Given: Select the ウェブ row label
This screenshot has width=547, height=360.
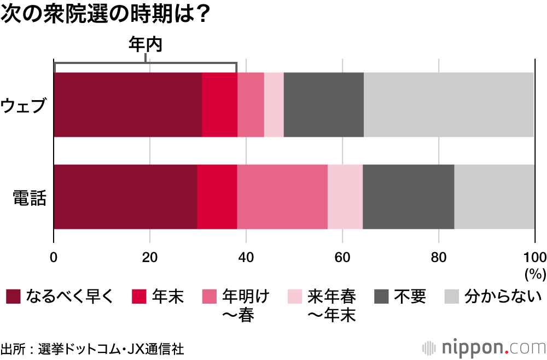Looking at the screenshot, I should [24, 104].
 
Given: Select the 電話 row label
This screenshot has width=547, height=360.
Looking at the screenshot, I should [29, 196].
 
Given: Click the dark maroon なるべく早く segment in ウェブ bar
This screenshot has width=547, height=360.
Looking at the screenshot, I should [127, 104].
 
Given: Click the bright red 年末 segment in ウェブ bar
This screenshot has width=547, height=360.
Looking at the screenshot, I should [219, 104].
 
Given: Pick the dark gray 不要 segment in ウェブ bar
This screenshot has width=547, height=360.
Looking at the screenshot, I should [323, 104].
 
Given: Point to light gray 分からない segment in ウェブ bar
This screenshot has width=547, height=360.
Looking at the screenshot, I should [449, 104].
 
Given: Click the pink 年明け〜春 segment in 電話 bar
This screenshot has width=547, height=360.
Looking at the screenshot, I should [282, 196].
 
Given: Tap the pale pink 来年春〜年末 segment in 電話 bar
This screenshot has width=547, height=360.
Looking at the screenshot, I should [345, 196].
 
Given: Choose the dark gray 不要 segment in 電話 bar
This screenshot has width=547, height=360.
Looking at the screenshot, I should [408, 196].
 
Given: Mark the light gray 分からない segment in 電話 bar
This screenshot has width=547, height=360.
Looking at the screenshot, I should [494, 196].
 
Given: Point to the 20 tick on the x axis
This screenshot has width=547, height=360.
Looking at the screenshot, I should [150, 258].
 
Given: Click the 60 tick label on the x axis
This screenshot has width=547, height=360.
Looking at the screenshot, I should [342, 258].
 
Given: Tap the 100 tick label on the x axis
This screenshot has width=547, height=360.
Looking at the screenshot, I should [534, 258].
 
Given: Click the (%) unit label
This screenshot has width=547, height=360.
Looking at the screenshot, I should [534, 272].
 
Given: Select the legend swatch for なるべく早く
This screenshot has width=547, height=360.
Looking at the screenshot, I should [13, 297].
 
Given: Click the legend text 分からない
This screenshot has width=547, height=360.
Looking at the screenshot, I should [503, 297].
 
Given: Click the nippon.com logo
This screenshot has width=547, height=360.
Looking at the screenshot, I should [484, 347].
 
